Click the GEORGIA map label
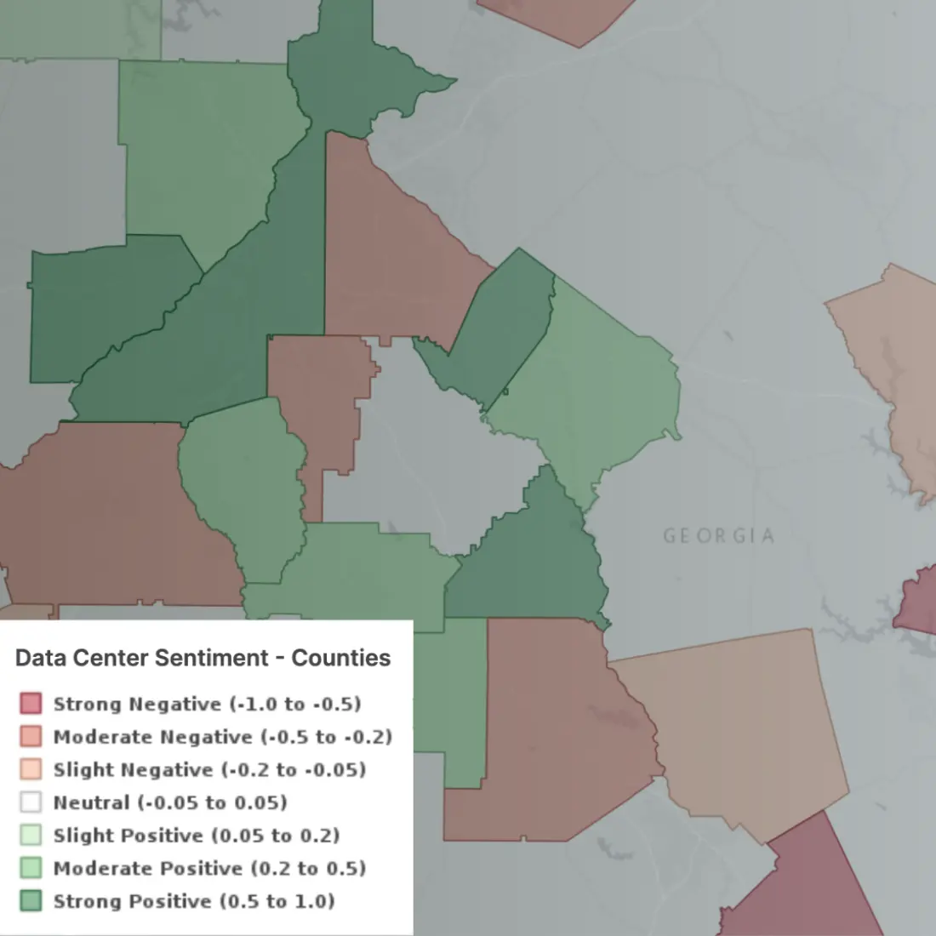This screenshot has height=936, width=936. [x=719, y=536]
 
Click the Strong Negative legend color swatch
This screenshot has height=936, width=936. [x=31, y=704]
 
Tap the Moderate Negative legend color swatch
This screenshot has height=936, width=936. [x=31, y=737]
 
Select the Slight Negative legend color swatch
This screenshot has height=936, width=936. [x=31, y=769]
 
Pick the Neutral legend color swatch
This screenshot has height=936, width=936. [x=31, y=802]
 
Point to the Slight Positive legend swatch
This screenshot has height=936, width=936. [x=31, y=836]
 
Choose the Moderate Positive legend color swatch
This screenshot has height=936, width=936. [x=31, y=868]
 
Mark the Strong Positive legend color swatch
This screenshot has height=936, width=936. [x=31, y=901]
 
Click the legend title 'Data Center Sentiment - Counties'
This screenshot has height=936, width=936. [x=203, y=658]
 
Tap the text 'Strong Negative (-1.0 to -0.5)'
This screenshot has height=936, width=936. [x=207, y=704]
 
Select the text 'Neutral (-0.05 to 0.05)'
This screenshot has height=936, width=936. [x=170, y=802]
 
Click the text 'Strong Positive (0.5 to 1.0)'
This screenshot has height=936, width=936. [x=194, y=901]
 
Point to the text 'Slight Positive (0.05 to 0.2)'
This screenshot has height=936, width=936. [x=197, y=836]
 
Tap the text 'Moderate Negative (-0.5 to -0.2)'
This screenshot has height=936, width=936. [x=222, y=737]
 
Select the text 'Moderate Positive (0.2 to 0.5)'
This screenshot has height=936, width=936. [x=209, y=868]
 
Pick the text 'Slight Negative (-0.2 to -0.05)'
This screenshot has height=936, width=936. [x=209, y=769]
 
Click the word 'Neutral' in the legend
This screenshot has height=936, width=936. [x=91, y=802]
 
